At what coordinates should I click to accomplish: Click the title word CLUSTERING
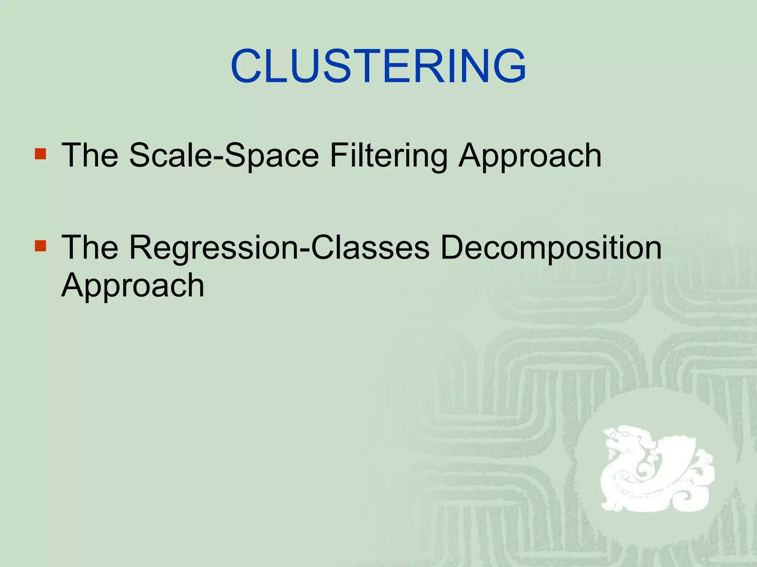[x=378, y=66]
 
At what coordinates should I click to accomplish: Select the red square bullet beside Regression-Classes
[x=40, y=246]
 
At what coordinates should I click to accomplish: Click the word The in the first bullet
[x=90, y=155]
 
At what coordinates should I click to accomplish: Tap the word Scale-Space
[x=224, y=156]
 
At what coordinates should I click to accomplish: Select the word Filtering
[x=388, y=156]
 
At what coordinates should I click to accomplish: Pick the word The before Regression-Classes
[x=90, y=247]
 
